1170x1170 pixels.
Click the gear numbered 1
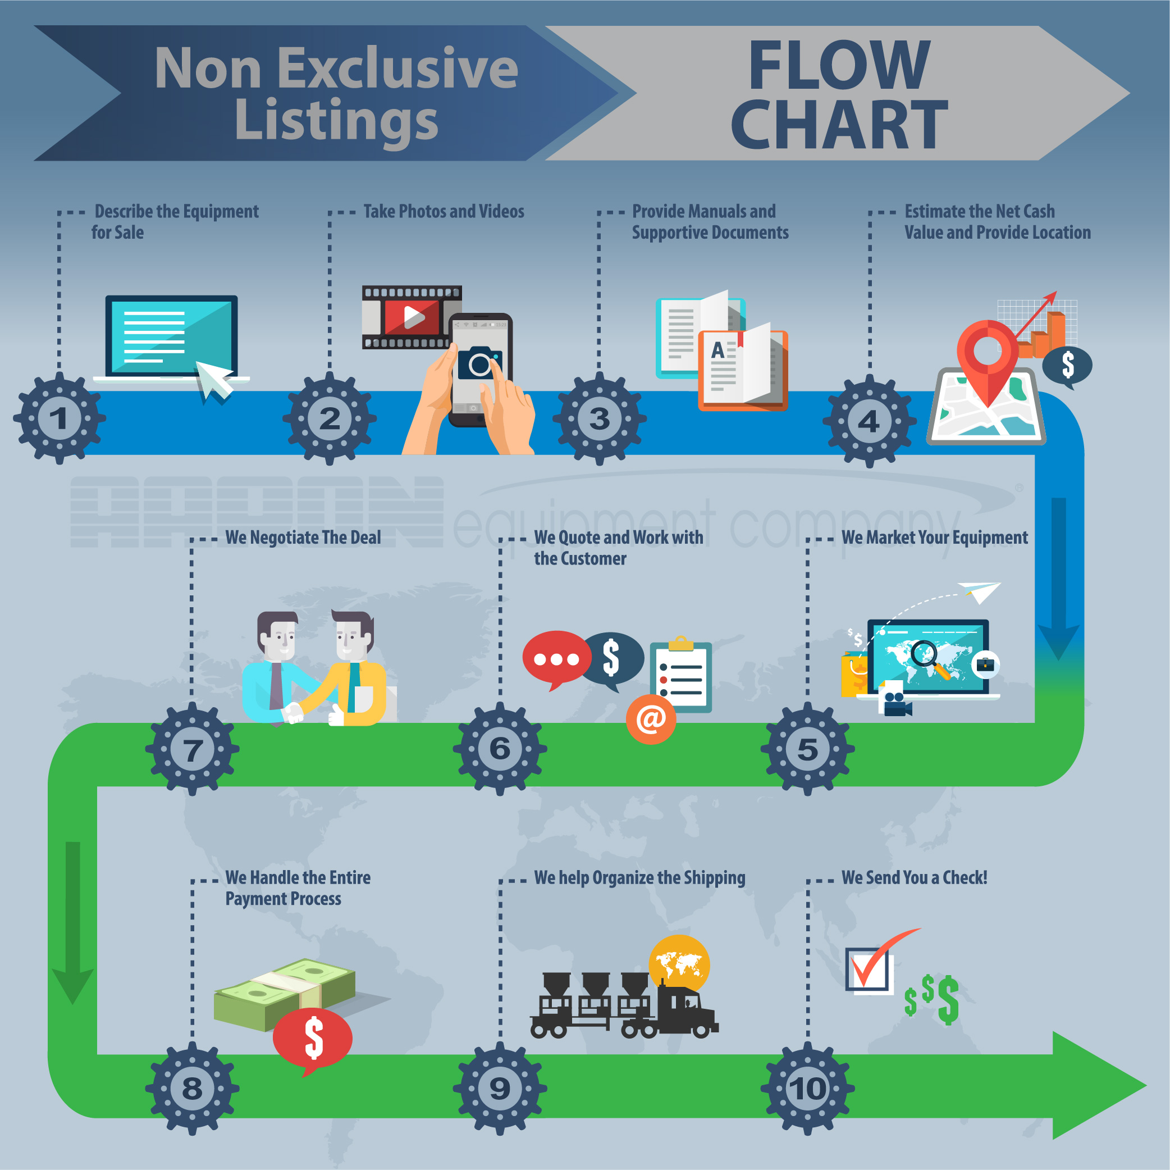coord(60,418)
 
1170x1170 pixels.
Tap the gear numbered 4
coord(869,421)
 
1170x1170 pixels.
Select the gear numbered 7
coord(192,749)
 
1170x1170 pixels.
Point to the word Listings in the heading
coord(336,120)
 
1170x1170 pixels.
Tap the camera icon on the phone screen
coord(479,363)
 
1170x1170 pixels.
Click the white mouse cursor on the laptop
coord(213,380)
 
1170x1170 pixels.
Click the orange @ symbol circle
coord(651,719)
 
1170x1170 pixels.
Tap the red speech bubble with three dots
coord(556,659)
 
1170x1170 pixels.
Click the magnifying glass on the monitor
coord(929,657)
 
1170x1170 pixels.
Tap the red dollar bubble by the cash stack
coord(313,1039)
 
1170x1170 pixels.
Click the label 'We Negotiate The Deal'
coord(303,538)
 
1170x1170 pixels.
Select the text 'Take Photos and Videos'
coord(444,211)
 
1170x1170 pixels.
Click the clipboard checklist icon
coord(682,677)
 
